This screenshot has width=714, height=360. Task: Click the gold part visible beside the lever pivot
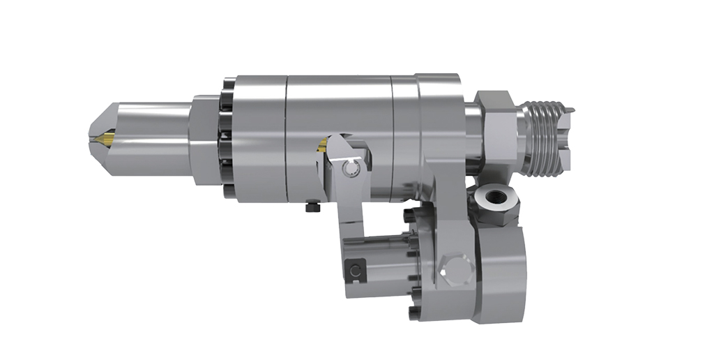(323, 144)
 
